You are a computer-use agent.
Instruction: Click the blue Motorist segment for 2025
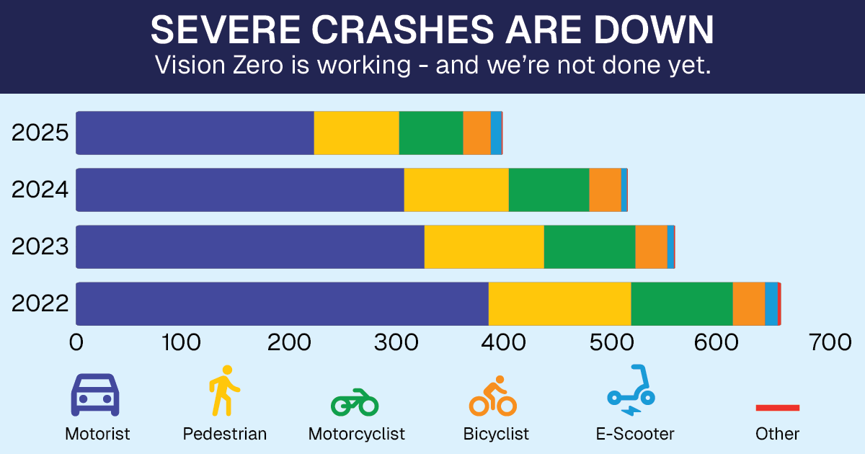[x=195, y=133]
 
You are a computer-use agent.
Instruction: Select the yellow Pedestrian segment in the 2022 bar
[x=559, y=303]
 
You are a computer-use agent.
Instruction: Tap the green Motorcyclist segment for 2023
[x=589, y=246]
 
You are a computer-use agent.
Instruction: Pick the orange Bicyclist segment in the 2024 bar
[x=605, y=190]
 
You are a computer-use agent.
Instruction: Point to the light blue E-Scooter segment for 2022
[x=771, y=303]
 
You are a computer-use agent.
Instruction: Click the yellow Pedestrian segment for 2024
[x=456, y=190]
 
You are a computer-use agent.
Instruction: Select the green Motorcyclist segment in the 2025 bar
[x=430, y=133]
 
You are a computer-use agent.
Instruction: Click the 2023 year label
[x=40, y=246]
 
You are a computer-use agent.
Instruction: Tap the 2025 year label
[x=40, y=133]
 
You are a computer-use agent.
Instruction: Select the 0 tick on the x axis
[x=76, y=343]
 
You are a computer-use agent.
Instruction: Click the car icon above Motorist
[x=94, y=394]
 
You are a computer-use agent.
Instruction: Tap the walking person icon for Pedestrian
[x=224, y=390]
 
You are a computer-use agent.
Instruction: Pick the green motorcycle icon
[x=355, y=402]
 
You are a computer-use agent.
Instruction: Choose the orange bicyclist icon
[x=492, y=396]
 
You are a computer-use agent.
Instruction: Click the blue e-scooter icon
[x=631, y=391]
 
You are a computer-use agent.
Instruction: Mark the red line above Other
[x=777, y=408]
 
